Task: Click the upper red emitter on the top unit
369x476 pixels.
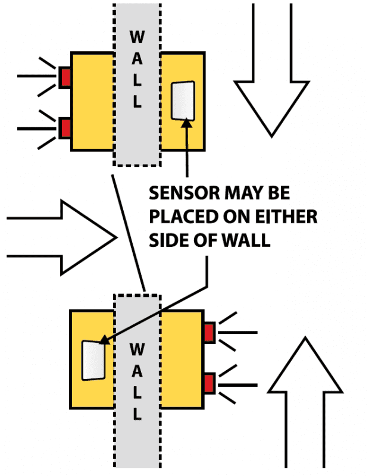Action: [65, 76]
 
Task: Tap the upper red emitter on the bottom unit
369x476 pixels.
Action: [209, 332]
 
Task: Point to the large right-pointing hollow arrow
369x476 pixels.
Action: [65, 237]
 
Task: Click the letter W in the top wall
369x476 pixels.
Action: [136, 37]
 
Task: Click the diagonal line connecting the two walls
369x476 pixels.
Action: [128, 232]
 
